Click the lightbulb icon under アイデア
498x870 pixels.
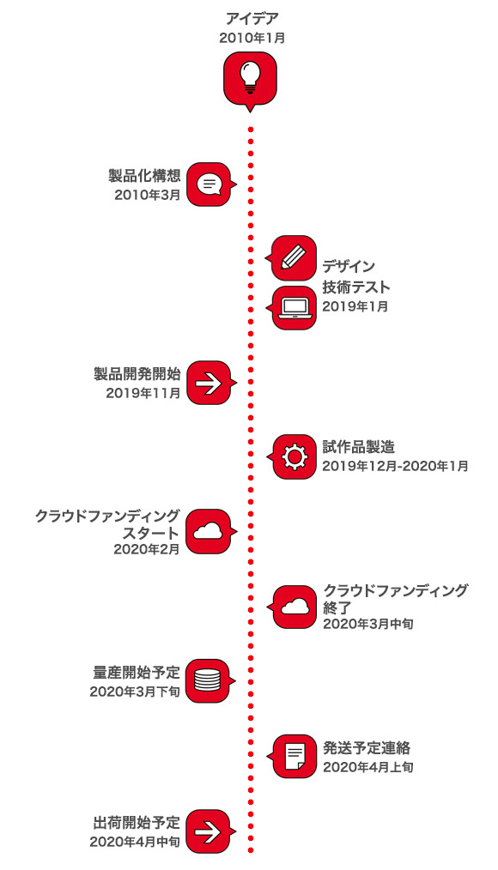coord(250,76)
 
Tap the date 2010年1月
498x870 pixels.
coord(252,38)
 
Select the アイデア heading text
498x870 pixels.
coord(252,18)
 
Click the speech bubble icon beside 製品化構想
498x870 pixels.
coord(209,184)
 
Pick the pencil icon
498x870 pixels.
coord(294,258)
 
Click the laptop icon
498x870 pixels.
coord(295,309)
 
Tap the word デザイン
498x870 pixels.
coord(349,267)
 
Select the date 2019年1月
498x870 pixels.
coord(355,306)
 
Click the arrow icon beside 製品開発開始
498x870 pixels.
coord(208,383)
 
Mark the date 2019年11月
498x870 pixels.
coord(143,393)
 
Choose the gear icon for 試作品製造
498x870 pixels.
coord(295,456)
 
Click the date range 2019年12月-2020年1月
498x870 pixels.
coord(395,466)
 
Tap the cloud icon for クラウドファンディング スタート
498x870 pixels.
coord(208,532)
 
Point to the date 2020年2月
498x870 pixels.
coord(147,549)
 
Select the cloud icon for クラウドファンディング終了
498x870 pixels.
coord(295,607)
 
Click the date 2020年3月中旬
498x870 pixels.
coord(368,624)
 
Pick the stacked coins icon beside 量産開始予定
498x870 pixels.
coord(208,680)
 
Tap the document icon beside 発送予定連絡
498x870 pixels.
coord(295,756)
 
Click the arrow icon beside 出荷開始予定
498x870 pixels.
coord(208,831)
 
